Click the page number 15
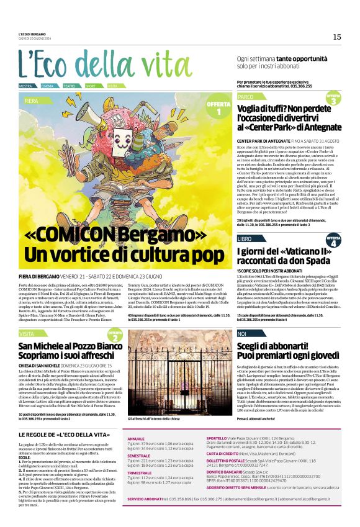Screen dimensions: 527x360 (336, 37)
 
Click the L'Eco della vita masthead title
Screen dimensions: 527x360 (96, 64)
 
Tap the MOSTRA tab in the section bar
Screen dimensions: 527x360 (25, 86)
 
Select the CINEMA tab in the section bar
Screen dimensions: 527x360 (47, 86)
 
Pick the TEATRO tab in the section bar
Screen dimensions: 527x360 (69, 86)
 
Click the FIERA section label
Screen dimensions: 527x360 (31, 100)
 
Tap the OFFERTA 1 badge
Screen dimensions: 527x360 (218, 107)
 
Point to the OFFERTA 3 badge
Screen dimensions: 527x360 (333, 99)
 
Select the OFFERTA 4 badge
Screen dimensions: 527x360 (333, 240)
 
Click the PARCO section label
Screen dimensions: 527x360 (246, 97)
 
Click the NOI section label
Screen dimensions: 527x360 (242, 334)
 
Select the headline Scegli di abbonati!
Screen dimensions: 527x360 (274, 347)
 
